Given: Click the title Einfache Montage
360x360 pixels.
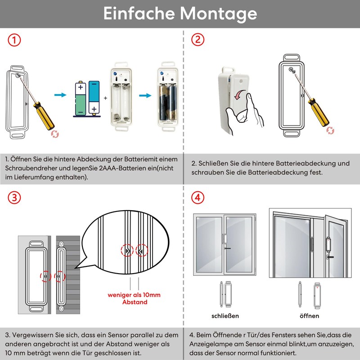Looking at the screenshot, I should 180,13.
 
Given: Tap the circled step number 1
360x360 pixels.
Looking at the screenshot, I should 14,40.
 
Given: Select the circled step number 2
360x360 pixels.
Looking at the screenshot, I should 198,40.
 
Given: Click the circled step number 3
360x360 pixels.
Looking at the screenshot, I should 14,198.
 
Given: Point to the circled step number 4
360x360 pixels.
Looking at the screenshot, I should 198,198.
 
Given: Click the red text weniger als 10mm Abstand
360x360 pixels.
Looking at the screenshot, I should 134,299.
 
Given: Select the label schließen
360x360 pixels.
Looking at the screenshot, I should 225,316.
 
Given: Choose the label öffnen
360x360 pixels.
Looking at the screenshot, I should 309,316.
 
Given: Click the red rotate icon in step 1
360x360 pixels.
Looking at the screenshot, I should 55,134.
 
